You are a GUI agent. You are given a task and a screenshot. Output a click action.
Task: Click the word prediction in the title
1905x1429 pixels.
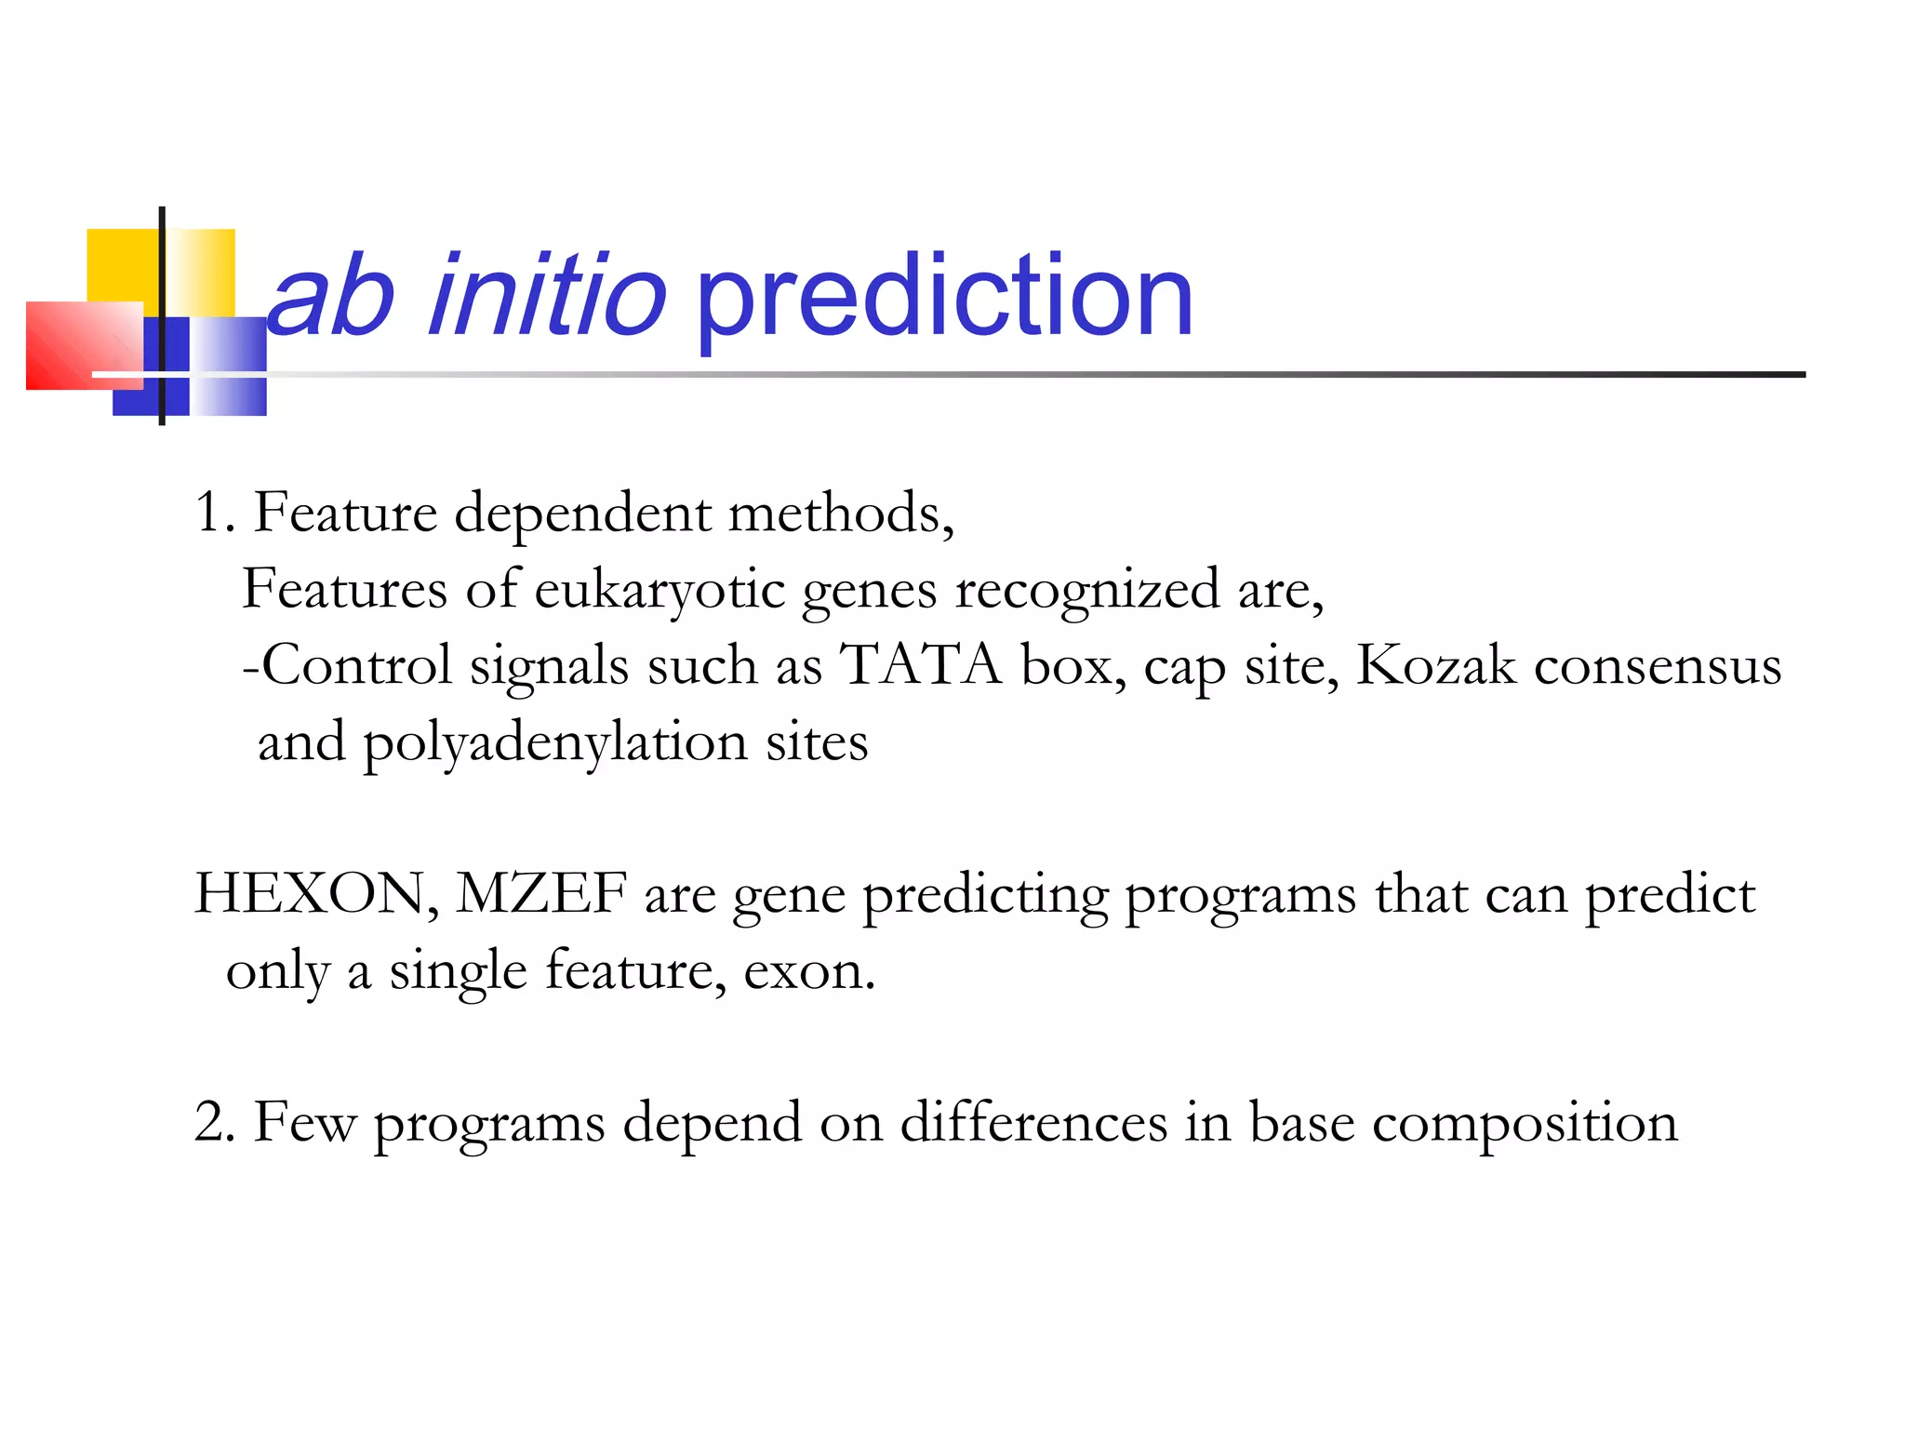click(x=943, y=299)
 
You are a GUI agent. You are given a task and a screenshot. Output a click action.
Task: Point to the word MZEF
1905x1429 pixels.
click(x=540, y=895)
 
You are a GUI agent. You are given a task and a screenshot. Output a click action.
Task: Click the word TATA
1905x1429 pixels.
click(x=920, y=666)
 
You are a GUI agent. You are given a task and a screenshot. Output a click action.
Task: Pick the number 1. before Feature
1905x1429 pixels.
click(x=214, y=514)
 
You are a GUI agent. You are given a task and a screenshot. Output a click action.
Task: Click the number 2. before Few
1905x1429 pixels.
click(x=215, y=1123)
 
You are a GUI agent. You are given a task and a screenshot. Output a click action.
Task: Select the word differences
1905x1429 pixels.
click(x=1033, y=1123)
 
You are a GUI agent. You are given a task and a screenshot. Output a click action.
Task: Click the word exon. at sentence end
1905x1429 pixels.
click(x=809, y=973)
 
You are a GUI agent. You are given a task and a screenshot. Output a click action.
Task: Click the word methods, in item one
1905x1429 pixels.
click(x=841, y=514)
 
